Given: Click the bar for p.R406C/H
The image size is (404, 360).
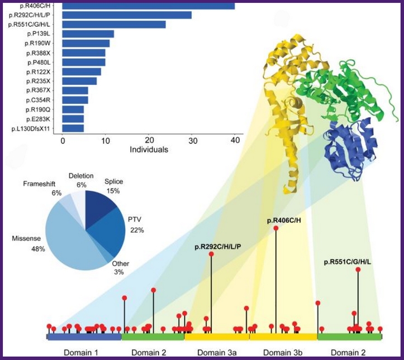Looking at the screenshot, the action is (149, 6).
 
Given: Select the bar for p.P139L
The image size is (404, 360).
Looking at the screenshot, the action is (88, 34).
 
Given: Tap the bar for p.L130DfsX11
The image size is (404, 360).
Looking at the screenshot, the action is (73, 128).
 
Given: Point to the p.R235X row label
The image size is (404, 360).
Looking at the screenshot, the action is (38, 81).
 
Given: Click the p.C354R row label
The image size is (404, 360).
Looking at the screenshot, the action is (38, 100).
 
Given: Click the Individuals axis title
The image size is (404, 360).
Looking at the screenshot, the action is (149, 150).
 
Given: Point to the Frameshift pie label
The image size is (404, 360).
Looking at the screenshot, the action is (39, 184).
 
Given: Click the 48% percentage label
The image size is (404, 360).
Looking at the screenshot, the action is (38, 249).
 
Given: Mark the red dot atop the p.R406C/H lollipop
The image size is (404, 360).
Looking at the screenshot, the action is (276, 228).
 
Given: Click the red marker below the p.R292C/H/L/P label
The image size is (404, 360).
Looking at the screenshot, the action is (211, 254).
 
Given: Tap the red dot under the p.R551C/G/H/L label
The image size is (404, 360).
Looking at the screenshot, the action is (358, 270).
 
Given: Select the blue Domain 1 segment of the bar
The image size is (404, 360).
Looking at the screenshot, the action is (84, 337).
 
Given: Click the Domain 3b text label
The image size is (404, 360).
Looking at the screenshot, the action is (283, 352).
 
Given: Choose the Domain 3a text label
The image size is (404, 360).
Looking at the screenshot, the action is (217, 352).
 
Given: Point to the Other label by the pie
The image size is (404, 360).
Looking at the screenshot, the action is (121, 264).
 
